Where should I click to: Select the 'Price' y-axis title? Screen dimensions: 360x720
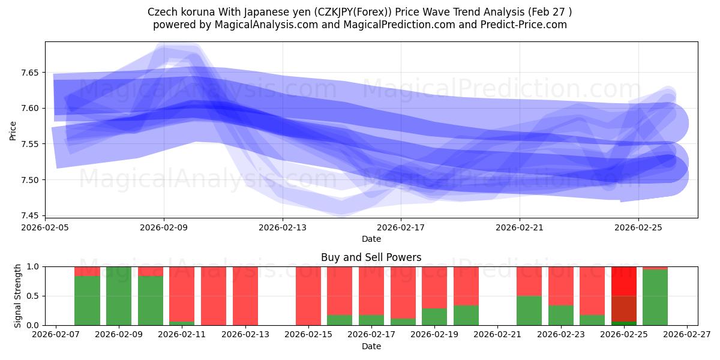point(13,130)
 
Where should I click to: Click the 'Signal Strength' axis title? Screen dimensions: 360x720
point(18,295)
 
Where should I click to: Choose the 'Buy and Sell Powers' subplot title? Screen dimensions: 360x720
point(371,257)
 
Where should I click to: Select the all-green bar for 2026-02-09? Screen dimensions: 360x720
point(119,296)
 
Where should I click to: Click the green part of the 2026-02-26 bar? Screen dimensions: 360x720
point(655,298)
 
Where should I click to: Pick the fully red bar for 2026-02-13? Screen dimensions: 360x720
point(245,296)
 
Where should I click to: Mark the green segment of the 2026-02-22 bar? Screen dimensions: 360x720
point(529,310)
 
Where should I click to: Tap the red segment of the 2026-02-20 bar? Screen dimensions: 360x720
point(466,286)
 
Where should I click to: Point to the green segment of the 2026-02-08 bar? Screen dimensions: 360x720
point(87,301)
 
